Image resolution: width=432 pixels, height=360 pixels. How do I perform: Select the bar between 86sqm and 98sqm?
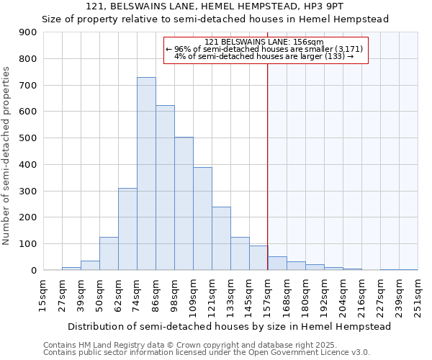pyautogui.click(x=165, y=188)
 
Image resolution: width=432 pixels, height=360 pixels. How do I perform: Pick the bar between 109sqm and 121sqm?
pyautogui.click(x=202, y=219)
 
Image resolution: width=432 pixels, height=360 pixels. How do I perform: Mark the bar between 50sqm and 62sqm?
pyautogui.click(x=109, y=253)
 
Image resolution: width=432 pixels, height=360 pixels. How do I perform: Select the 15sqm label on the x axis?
pyautogui.click(x=42, y=296)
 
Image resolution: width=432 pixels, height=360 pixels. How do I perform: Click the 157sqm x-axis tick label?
pyautogui.click(x=267, y=296)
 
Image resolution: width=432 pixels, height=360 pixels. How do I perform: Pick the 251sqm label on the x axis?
pyautogui.click(x=417, y=296)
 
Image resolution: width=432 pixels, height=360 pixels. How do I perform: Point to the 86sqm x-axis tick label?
pyautogui.click(x=155, y=296)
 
